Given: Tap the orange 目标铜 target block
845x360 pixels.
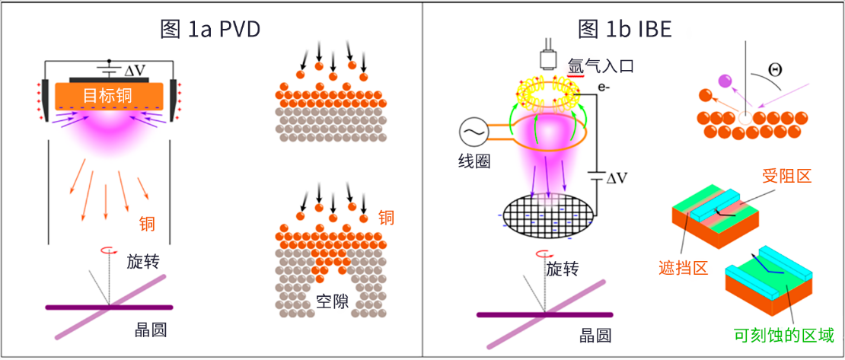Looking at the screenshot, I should coord(110,96).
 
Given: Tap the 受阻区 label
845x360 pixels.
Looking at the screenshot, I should coord(786,176).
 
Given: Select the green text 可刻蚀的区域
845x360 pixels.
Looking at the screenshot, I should coord(784,334).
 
